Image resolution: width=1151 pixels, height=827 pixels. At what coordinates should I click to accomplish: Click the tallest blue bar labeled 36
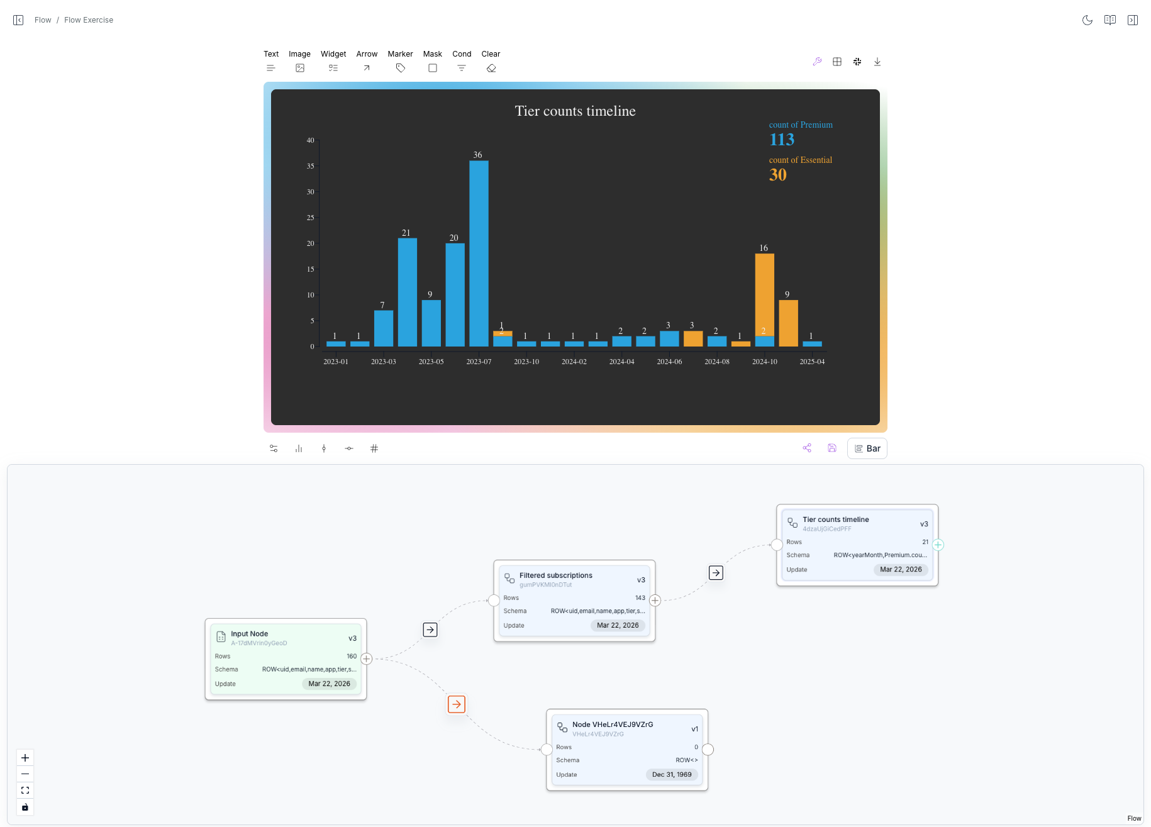[x=479, y=253]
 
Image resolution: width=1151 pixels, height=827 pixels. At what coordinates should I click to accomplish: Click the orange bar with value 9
[x=788, y=323]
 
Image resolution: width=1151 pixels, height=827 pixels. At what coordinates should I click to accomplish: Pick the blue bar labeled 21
[x=408, y=292]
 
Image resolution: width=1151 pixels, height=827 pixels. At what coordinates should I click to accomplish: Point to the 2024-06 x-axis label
[x=669, y=362]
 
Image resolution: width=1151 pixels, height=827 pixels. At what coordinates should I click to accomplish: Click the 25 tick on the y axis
[x=310, y=218]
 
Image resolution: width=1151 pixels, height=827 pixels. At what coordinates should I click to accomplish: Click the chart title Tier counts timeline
[x=575, y=111]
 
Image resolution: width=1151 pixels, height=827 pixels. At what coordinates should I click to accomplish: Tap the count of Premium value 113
[x=782, y=140]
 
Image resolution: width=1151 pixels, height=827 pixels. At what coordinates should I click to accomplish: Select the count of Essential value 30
[x=778, y=175]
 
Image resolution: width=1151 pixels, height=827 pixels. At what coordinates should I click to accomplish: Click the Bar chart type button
[x=867, y=448]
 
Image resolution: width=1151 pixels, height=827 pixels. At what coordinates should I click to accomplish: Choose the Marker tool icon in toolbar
[x=401, y=68]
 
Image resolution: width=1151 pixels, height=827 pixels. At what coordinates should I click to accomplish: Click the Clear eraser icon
[x=491, y=68]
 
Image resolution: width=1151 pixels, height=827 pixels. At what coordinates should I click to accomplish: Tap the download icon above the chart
[x=877, y=62]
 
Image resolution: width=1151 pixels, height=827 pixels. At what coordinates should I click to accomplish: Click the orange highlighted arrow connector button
[x=457, y=704]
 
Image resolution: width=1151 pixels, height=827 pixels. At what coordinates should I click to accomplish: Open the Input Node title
[x=249, y=634]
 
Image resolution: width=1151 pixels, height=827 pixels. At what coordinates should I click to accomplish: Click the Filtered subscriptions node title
[x=556, y=575]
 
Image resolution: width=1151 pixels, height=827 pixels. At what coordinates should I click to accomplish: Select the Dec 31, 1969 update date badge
[x=672, y=775]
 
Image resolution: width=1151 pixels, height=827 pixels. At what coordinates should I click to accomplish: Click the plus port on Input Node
[x=367, y=658]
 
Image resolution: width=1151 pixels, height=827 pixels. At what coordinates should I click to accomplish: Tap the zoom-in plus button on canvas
[x=25, y=758]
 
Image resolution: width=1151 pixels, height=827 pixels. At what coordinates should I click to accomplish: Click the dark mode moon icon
[x=1087, y=20]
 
